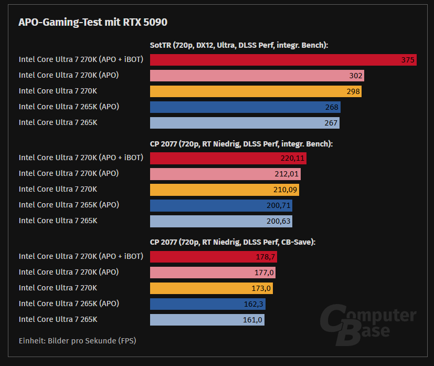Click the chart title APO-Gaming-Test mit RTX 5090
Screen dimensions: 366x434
pyautogui.click(x=93, y=22)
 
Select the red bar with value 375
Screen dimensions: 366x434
pyautogui.click(x=283, y=60)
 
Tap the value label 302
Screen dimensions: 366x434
pyautogui.click(x=356, y=76)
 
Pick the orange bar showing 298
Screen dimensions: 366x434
pyautogui.click(x=256, y=91)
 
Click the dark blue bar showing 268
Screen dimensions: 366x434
pyautogui.click(x=245, y=107)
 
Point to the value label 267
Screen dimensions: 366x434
pyautogui.click(x=332, y=123)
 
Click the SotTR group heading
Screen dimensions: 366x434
pyautogui.click(x=239, y=45)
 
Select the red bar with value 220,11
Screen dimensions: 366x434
pyautogui.click(x=228, y=158)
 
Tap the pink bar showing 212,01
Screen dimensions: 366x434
pyautogui.click(x=225, y=174)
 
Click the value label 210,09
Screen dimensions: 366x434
pyautogui.click(x=285, y=190)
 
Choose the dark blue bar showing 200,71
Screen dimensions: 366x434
pyautogui.click(x=221, y=205)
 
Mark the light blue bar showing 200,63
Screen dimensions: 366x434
pyautogui.click(x=221, y=221)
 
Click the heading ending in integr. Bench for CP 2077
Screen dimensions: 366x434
pyautogui.click(x=241, y=143)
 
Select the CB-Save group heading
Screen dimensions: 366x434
pyautogui.click(x=232, y=242)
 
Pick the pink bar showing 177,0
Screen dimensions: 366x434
pyautogui.click(x=213, y=273)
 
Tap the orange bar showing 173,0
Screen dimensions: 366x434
pyautogui.click(x=211, y=288)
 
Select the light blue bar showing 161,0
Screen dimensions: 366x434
pyautogui.click(x=207, y=320)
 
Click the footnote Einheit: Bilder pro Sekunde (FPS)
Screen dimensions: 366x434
pyautogui.click(x=77, y=341)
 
